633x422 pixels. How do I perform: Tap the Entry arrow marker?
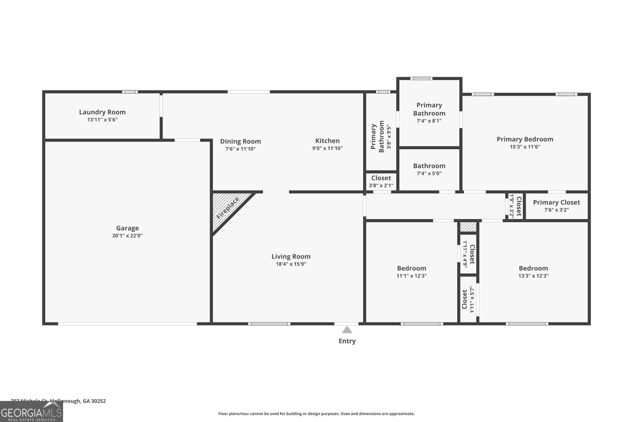(347, 330)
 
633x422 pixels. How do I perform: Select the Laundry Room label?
(102, 112)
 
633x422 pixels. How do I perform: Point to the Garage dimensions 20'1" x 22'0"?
(127, 236)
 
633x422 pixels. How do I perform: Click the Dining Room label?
(240, 141)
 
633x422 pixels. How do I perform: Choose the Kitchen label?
(327, 141)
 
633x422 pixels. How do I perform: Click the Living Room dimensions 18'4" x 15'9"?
(291, 264)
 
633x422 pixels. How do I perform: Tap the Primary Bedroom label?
(525, 139)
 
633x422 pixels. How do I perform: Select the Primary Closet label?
(556, 202)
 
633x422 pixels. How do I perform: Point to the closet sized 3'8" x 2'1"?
(381, 181)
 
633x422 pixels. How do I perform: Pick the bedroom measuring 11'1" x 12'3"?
(411, 272)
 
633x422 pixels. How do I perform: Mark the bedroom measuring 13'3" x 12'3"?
(533, 272)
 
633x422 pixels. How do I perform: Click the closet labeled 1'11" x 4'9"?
(468, 254)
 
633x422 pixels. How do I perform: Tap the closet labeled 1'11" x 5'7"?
(468, 300)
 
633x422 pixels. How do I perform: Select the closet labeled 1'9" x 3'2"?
(515, 206)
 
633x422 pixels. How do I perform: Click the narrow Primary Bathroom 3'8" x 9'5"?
(381, 137)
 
